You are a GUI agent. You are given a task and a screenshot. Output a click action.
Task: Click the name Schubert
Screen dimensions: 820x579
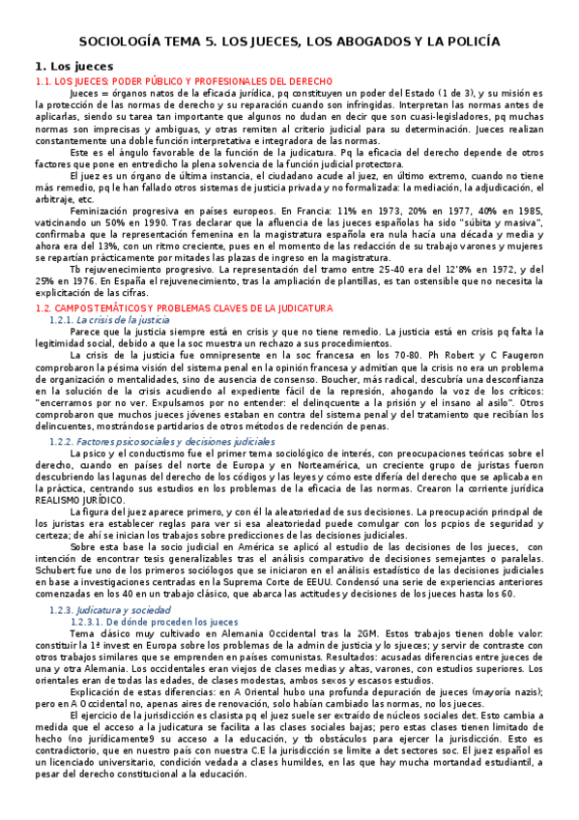click(x=57, y=574)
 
